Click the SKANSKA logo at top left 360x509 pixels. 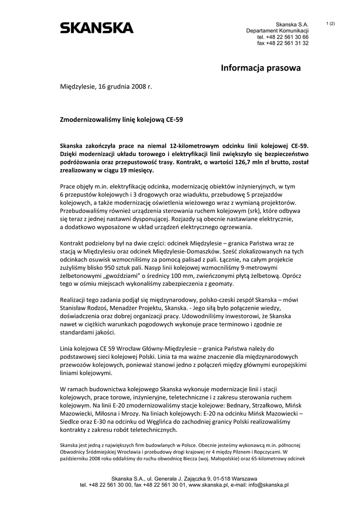(x=96, y=28)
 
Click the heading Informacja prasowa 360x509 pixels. (x=261, y=68)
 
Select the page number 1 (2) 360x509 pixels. (x=331, y=23)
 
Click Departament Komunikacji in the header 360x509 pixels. (x=277, y=31)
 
